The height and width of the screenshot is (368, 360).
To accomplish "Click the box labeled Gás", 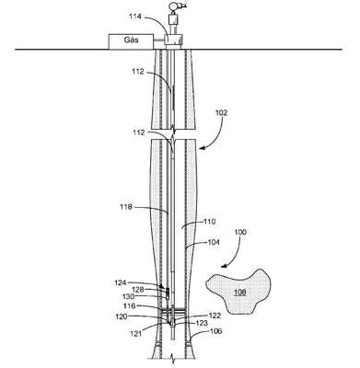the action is (x=131, y=41).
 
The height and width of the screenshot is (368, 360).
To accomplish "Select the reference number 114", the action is (x=134, y=17).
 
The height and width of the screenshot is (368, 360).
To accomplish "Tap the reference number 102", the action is (x=221, y=113).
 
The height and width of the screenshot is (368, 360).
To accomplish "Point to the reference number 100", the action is (x=240, y=232).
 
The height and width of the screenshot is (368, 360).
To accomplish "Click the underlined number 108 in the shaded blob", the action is (x=240, y=292).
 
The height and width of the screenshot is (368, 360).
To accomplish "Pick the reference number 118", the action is (x=126, y=207).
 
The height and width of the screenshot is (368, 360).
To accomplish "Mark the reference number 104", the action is (x=213, y=242).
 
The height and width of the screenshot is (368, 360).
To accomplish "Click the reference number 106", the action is (x=215, y=331).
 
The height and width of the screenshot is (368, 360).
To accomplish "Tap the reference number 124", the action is (x=121, y=282).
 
